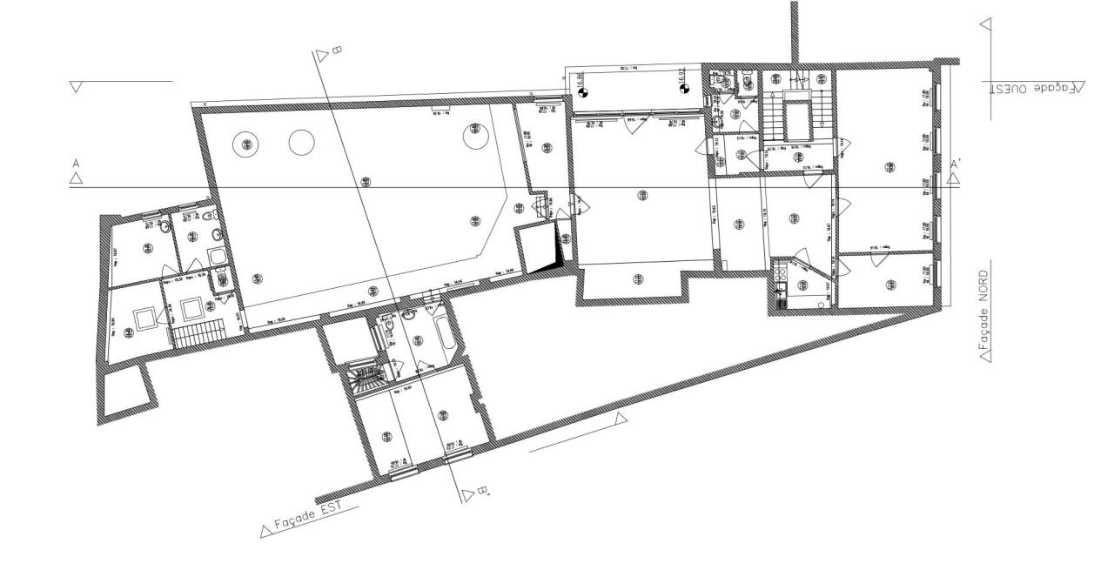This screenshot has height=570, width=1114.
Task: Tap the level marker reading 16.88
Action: (x=581, y=84)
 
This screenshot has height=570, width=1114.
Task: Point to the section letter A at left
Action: (x=77, y=164)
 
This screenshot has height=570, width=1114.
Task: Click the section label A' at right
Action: (x=956, y=164)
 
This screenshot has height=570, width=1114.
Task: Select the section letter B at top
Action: (x=335, y=51)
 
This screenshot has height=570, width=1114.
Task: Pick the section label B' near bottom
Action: (x=483, y=496)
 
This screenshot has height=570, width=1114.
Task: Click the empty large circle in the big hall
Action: (x=301, y=142)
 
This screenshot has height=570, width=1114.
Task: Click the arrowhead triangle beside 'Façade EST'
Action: (x=265, y=531)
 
